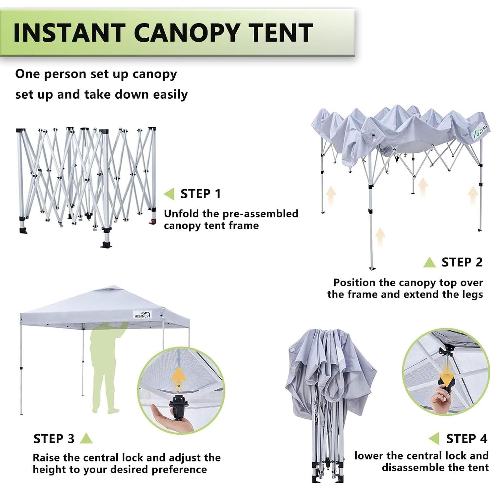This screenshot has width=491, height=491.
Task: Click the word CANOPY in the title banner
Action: [187, 33]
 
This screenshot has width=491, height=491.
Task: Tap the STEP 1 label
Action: [201, 194]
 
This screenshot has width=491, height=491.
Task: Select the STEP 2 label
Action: [462, 262]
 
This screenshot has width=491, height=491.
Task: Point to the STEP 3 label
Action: [54, 439]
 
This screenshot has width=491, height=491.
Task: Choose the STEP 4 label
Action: [466, 439]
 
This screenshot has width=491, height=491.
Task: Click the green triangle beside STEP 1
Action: [169, 194]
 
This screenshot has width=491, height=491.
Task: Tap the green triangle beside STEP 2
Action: [429, 263]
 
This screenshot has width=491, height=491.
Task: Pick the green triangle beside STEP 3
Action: [86, 439]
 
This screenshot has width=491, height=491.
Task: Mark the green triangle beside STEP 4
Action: [434, 439]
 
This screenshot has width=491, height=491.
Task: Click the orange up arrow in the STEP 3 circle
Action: [179, 377]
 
